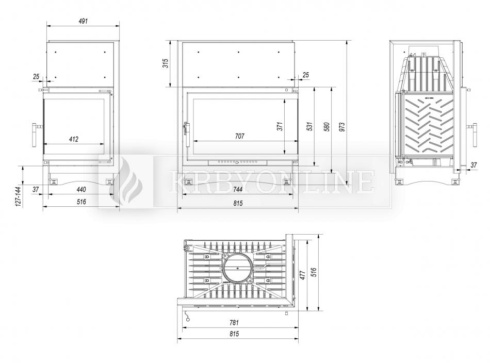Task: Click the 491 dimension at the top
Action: point(83,21)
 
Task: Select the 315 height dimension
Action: point(166,63)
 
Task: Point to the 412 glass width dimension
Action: point(74,139)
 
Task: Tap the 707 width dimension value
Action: point(239,136)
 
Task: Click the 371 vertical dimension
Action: point(280,126)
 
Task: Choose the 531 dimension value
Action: point(309,126)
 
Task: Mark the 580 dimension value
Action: point(327,126)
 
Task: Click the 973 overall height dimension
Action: point(342,126)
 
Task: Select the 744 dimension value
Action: point(238,189)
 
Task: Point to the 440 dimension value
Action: point(81,189)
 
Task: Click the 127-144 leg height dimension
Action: point(18,196)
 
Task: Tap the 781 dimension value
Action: point(234,322)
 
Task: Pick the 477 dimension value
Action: point(302,275)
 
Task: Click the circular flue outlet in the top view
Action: point(237,268)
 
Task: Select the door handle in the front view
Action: point(188,135)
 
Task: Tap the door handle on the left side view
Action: point(35,135)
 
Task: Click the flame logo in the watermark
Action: point(126,181)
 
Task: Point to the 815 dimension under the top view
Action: point(234,334)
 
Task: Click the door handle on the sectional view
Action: point(473,135)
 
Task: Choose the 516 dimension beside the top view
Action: point(314,272)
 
